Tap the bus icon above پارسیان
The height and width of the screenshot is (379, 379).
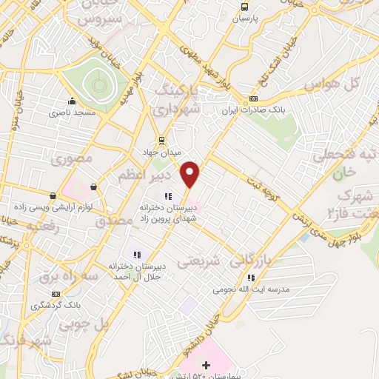tap(244, 7)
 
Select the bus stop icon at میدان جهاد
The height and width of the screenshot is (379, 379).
tap(161, 140)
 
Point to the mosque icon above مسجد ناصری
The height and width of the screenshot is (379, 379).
tap(72, 102)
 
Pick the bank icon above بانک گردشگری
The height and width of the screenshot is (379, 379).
tap(36, 293)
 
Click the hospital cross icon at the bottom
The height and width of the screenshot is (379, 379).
tap(206, 364)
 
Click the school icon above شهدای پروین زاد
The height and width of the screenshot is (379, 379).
tap(168, 196)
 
